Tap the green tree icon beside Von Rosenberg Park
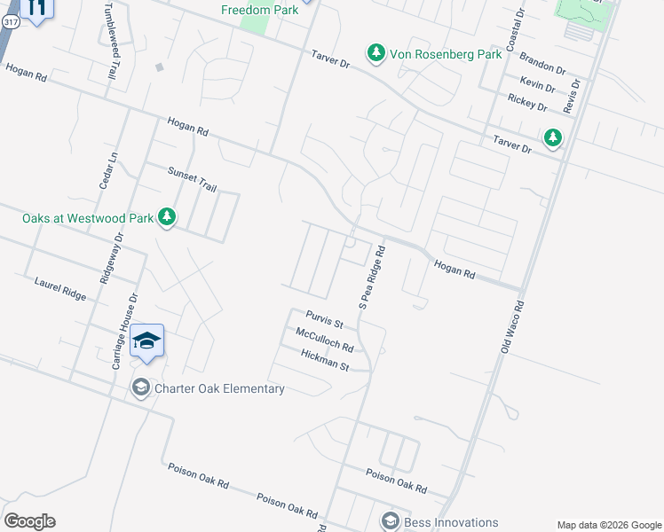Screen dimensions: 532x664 click(376, 54)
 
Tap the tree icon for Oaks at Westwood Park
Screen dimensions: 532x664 click(166, 216)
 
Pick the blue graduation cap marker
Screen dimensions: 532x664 click(146, 341)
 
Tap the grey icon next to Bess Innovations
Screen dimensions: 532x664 click(389, 521)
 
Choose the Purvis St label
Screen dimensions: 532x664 click(324, 318)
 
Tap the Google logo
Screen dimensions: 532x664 click(29, 521)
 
